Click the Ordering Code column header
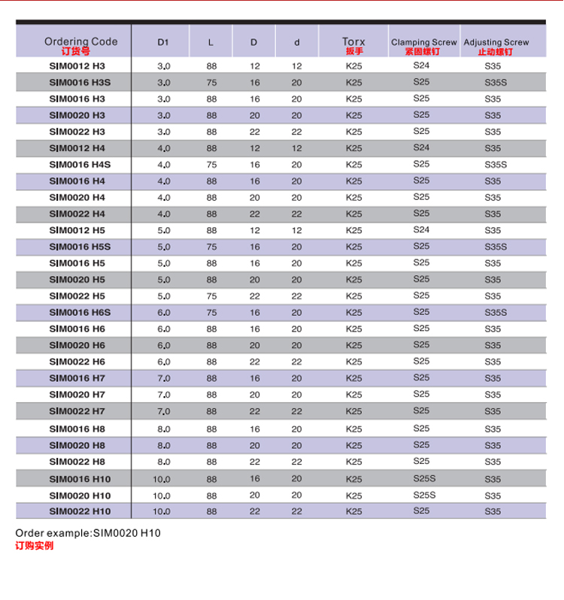point(80,42)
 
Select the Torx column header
point(353,42)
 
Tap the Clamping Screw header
point(423,42)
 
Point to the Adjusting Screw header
point(496,42)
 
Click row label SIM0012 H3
point(77,66)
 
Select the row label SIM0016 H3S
point(80,83)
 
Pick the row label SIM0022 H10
point(80,511)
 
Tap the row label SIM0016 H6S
point(80,313)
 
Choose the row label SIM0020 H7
point(77,395)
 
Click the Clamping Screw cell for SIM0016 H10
point(424,478)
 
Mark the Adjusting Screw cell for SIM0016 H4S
point(496,165)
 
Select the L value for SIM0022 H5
point(211,296)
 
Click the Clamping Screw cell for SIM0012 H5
point(421,230)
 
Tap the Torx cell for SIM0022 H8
point(353,462)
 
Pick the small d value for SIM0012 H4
point(296,148)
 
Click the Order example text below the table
point(88,533)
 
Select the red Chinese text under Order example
point(35,546)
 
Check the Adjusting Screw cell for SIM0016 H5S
point(496,247)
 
